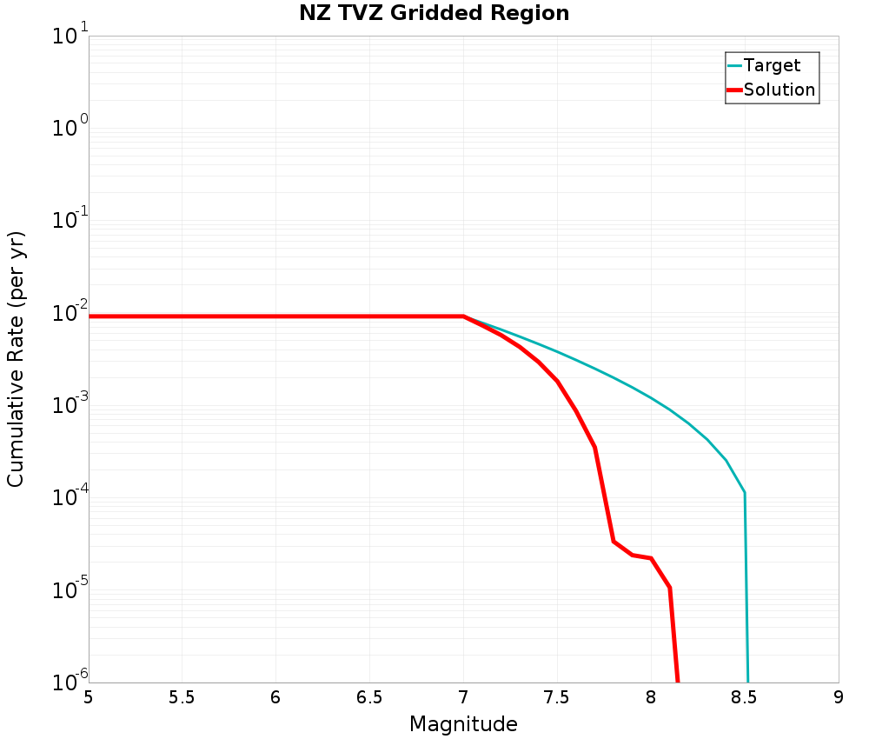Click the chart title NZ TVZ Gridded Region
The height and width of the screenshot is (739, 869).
434,13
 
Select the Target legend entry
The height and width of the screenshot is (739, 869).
772,65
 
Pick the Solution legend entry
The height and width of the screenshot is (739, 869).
779,90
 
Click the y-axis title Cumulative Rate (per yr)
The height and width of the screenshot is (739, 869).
16,359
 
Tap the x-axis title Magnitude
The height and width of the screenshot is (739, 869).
463,724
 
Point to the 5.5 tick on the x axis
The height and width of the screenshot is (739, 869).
182,697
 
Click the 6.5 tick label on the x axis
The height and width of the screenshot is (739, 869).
369,697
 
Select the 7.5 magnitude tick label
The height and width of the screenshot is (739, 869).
556,697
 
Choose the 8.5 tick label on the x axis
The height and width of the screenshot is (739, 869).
744,697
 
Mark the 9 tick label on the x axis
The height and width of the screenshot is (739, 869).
838,697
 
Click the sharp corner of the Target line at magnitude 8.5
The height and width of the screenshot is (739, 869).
745,493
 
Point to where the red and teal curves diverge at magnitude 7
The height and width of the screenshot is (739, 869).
464,316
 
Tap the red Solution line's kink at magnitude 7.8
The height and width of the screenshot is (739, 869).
614,542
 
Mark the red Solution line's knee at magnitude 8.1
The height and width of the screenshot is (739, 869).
669,588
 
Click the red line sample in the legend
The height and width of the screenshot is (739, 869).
734,90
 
